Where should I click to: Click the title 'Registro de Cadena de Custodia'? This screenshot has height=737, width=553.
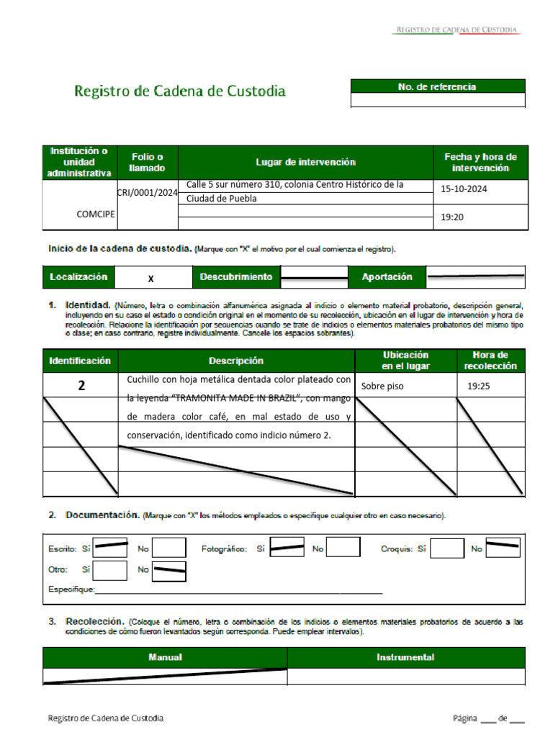[180, 91]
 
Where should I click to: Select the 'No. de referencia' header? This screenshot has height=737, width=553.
[437, 86]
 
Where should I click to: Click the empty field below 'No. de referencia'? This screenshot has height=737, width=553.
[437, 101]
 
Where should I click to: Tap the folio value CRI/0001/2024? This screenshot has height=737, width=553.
[147, 192]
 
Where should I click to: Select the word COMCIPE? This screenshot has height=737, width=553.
[96, 214]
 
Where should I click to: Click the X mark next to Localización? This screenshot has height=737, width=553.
[150, 278]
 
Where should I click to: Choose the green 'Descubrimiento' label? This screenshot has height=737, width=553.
[235, 277]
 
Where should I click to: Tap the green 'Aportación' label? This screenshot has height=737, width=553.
[387, 277]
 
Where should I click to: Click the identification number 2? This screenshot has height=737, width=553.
[81, 386]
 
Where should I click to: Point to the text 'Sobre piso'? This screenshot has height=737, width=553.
[382, 386]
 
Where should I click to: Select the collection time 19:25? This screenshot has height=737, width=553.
[478, 386]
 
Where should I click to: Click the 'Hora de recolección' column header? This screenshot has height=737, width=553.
[490, 361]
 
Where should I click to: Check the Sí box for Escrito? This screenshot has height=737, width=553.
[111, 548]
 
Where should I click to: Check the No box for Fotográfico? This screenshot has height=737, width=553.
[343, 548]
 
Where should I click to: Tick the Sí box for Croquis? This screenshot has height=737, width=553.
[448, 548]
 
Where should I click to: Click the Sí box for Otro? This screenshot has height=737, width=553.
[111, 570]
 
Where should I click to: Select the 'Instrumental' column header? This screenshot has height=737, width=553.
[405, 657]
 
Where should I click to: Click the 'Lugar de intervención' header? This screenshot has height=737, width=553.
[305, 163]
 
